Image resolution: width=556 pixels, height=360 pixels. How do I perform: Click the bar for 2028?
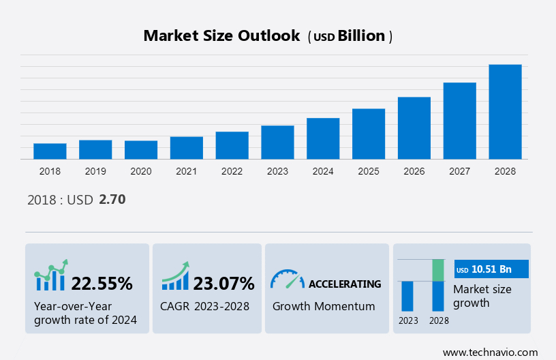505,112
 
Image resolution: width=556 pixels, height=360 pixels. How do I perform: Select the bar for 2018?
50,151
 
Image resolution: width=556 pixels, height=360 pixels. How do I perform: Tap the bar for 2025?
369,134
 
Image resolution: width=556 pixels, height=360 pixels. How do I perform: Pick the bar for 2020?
141,150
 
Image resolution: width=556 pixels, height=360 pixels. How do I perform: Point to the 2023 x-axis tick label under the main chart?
277,171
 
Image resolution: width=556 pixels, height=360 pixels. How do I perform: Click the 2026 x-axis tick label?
414,171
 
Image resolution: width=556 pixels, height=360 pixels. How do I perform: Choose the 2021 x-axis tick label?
187,171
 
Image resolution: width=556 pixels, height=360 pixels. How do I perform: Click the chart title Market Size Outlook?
221,36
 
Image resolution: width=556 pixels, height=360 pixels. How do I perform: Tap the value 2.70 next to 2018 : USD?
112,200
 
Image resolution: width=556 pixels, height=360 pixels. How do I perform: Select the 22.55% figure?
102,284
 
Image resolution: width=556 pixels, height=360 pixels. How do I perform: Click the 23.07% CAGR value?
223,284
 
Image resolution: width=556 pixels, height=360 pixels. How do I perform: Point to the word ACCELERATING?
345,284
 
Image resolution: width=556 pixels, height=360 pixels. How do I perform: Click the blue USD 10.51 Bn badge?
491,269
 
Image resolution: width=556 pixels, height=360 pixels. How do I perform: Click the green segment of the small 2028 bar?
438,270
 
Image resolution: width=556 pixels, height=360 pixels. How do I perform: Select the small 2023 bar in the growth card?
407,296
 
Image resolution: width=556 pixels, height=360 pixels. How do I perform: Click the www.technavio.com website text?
490,352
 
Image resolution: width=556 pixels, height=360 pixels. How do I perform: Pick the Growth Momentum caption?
324,306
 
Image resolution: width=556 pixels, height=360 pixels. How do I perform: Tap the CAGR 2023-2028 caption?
205,306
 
